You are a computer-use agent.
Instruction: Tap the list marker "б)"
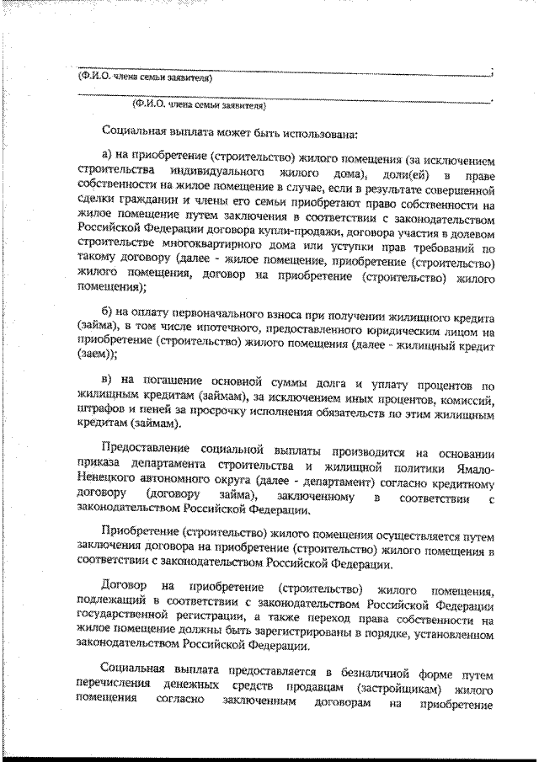point(106,316)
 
